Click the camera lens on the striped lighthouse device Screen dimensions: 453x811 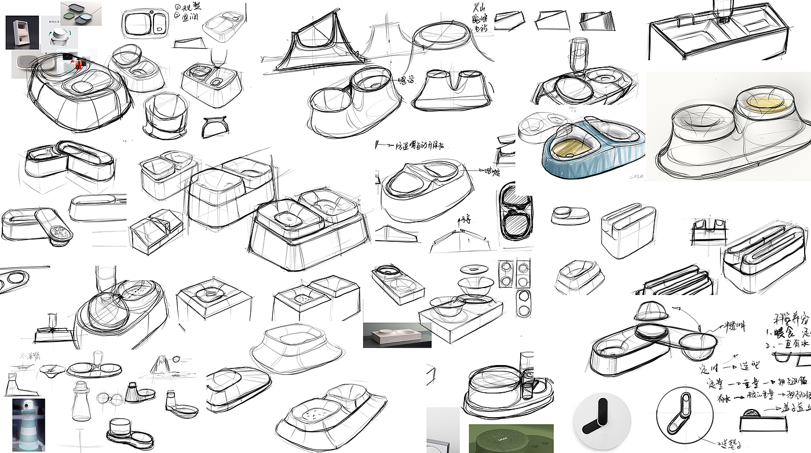coord(25,407)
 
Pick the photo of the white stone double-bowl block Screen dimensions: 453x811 coord(397,336)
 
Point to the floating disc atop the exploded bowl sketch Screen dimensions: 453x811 coord(473,269)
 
